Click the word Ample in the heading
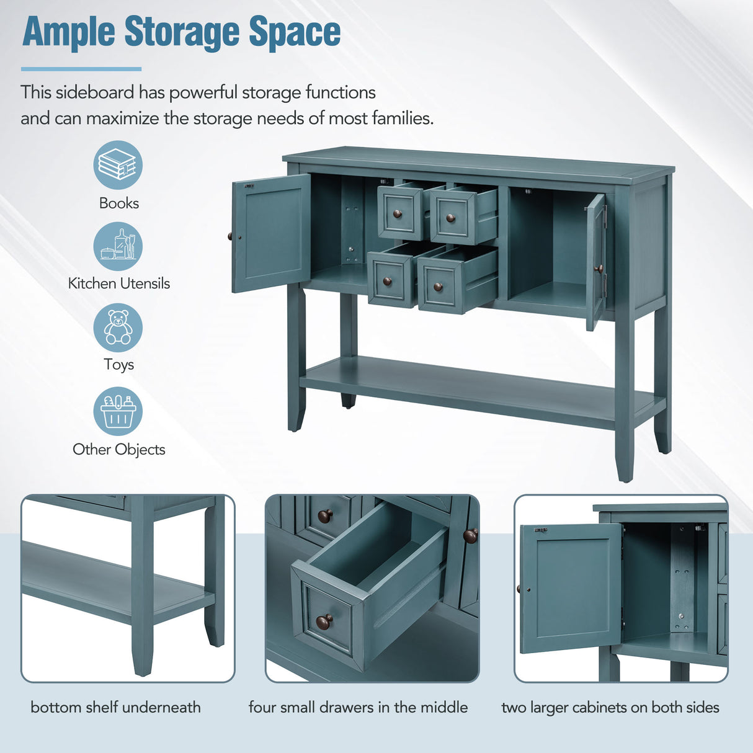coord(69,32)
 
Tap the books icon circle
coord(118,165)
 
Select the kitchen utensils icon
coord(118,246)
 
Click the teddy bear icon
coord(118,327)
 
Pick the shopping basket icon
coord(118,411)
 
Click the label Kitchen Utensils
coord(118,283)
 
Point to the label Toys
coord(118,364)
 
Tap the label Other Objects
coord(118,450)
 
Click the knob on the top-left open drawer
coord(398,214)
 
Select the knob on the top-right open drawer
coord(450,218)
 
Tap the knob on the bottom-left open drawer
coord(387,281)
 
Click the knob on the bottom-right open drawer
coord(438,287)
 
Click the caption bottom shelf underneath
coord(115,707)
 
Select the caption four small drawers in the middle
coord(358,707)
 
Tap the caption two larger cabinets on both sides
coord(610,707)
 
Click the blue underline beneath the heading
coord(81,69)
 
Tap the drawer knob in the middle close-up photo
coord(324,621)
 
